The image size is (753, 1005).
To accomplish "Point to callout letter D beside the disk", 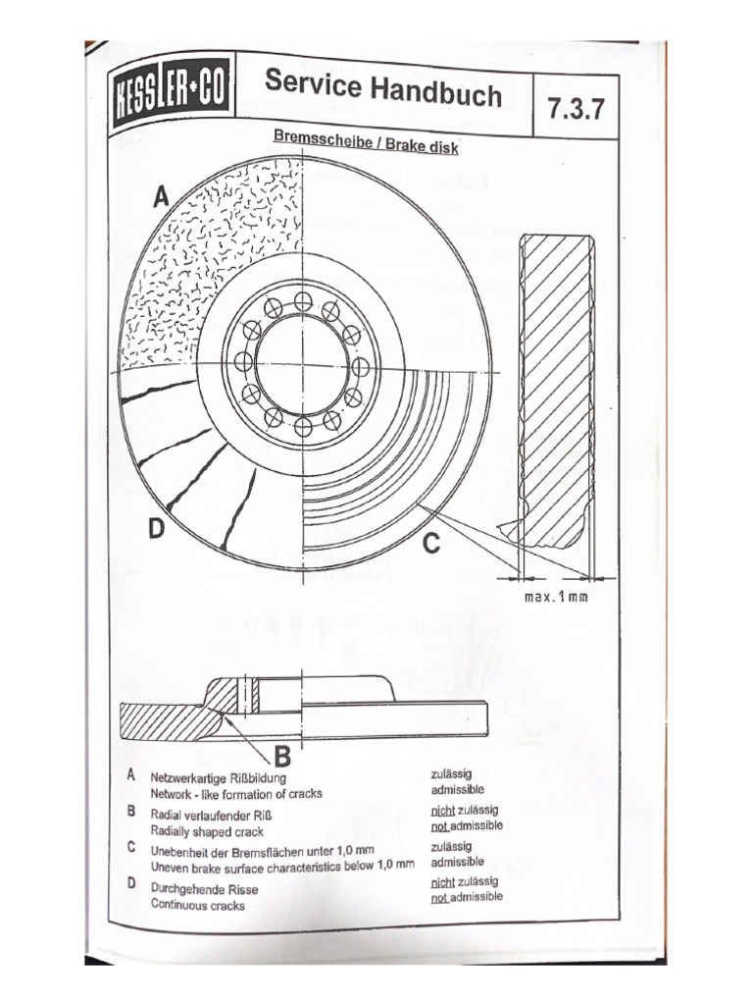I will [x=155, y=530].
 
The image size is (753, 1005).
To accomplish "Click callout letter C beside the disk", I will [x=431, y=542].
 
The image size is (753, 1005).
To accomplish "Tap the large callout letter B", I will [x=281, y=756].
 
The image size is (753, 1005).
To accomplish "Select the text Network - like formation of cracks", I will [x=235, y=792].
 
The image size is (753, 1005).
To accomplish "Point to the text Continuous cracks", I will [x=197, y=905].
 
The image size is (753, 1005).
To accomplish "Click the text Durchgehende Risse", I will [x=200, y=888].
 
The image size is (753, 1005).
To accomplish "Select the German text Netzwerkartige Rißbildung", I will [x=221, y=775].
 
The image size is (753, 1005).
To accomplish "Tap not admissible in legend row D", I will [x=467, y=897].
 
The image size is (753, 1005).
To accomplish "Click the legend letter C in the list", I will [x=130, y=849].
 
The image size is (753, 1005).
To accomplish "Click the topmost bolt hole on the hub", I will [x=303, y=300].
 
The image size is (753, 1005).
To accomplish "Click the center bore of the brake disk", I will [x=303, y=365].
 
